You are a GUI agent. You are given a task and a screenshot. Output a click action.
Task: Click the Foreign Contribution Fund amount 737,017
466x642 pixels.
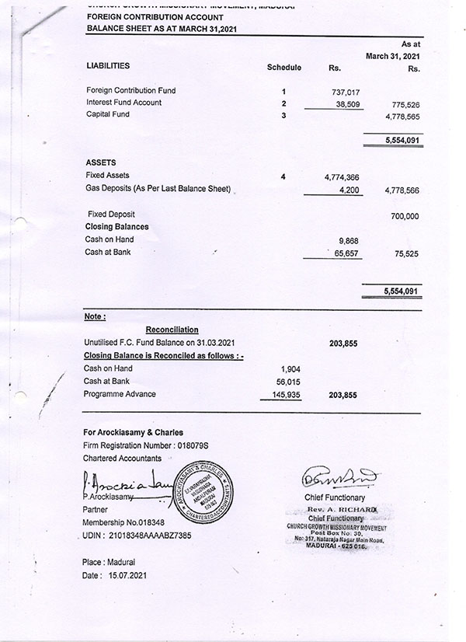(344, 92)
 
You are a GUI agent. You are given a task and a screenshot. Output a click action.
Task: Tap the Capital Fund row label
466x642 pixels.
(108, 115)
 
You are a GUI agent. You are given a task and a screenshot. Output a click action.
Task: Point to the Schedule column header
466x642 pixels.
(283, 68)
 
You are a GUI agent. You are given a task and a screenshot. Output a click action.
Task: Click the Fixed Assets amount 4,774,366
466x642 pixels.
(342, 178)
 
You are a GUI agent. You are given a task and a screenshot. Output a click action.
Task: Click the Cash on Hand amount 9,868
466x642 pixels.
(348, 241)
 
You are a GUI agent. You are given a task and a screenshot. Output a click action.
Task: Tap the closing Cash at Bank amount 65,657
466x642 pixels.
(345, 253)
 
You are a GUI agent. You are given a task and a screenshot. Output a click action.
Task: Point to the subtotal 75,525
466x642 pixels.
(407, 253)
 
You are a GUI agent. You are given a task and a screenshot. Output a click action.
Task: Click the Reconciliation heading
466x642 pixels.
(172, 330)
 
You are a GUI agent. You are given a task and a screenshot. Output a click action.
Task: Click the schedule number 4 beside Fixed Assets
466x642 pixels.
(283, 177)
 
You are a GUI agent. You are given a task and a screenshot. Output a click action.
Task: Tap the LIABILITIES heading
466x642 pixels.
(108, 67)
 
